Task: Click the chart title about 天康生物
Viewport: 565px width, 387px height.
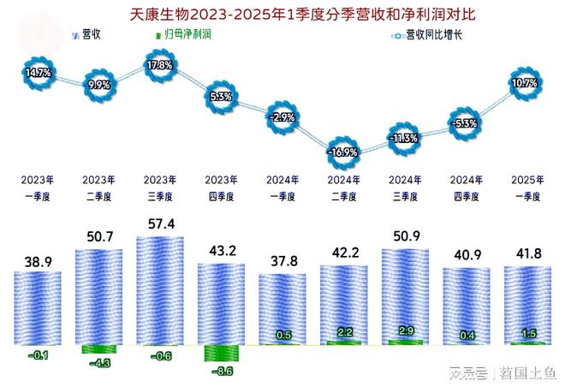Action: [x=282, y=14]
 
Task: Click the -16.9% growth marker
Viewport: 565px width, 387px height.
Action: [x=342, y=152]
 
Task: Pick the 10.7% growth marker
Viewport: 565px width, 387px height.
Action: [x=525, y=83]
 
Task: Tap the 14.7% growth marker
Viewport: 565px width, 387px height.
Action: [x=38, y=74]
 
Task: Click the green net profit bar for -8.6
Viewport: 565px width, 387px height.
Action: [x=221, y=353]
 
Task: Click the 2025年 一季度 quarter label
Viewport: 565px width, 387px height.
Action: [x=525, y=188]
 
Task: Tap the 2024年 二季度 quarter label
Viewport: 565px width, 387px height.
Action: [x=342, y=188]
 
